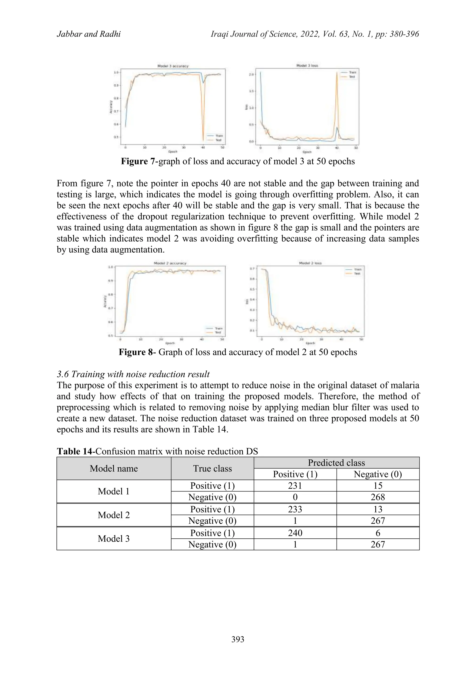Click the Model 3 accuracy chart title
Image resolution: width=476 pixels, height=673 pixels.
173,66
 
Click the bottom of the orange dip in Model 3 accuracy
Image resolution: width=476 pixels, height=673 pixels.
203,140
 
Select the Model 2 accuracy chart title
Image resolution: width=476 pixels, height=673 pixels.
170,263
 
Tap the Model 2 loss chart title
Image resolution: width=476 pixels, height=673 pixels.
310,263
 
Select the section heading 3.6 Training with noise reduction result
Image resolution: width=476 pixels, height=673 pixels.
133,374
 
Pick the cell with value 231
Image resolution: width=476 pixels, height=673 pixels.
295,486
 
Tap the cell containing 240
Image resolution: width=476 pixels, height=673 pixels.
295,533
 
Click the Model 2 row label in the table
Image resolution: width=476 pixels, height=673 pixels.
114,515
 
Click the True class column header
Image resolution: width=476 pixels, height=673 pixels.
212,468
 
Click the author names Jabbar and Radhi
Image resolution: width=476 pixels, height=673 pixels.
89,34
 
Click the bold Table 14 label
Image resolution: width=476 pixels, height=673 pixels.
75,451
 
